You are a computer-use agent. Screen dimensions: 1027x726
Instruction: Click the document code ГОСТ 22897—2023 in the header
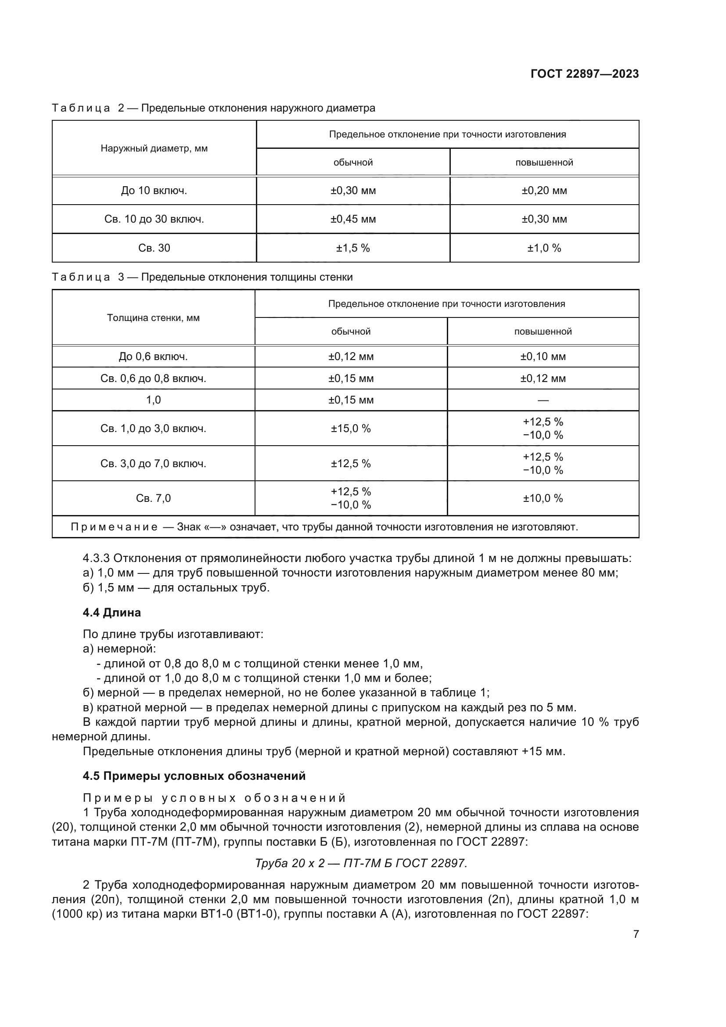pos(584,74)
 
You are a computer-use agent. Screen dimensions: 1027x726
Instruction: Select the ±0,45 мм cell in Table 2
pos(353,219)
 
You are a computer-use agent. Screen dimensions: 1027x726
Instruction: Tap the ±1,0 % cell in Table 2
pos(543,248)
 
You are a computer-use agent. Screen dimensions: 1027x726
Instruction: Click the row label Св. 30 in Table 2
pos(154,248)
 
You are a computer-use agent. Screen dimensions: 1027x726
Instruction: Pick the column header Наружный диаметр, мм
pos(154,148)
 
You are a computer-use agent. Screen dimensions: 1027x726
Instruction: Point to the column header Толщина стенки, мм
pos(153,318)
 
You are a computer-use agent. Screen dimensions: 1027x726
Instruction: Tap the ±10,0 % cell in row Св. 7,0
pos(543,498)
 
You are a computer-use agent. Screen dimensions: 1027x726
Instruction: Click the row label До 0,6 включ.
pos(153,357)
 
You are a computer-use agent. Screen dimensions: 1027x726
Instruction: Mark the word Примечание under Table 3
pos(114,527)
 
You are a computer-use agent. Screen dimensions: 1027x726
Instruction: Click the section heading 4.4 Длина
pos(112,613)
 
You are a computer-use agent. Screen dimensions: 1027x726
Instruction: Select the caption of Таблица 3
pos(202,277)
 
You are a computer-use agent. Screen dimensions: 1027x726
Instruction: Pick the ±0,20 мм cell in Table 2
pos(543,191)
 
